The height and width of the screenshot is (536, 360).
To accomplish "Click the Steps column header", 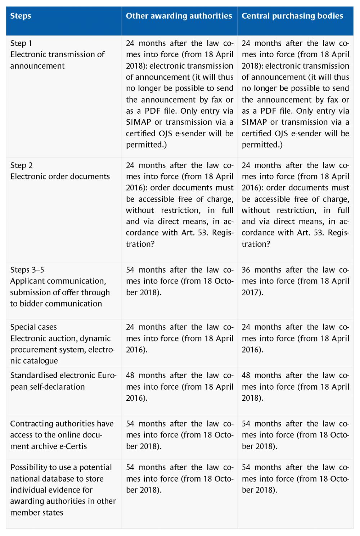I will [x=21, y=16].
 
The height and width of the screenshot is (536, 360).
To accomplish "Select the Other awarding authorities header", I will [x=179, y=16].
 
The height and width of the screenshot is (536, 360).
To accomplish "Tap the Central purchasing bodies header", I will [x=292, y=16].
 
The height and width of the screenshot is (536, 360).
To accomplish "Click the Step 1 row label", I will [x=57, y=54].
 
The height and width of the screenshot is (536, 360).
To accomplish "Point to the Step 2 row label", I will [x=60, y=171].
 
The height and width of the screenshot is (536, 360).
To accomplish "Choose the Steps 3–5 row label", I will [x=60, y=287].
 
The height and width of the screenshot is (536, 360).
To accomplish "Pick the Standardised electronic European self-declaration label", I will [x=63, y=381].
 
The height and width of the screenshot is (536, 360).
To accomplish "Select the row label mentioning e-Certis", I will [x=62, y=435].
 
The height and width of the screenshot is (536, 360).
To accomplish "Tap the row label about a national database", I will [x=63, y=490].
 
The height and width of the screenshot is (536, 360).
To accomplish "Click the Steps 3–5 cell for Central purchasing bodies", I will [x=295, y=281].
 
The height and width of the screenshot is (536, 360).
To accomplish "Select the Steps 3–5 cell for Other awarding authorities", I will [x=179, y=281].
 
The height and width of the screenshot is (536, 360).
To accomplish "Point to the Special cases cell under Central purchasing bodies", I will [x=295, y=338].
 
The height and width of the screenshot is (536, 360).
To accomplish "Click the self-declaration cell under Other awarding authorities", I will [x=179, y=387].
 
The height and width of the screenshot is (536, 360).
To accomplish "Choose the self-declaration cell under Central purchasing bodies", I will [x=295, y=387].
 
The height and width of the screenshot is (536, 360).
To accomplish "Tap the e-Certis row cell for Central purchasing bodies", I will [x=295, y=435].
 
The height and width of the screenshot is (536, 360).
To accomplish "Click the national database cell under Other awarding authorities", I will [x=179, y=478].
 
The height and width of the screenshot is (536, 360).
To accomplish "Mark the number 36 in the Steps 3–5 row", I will [x=246, y=270].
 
